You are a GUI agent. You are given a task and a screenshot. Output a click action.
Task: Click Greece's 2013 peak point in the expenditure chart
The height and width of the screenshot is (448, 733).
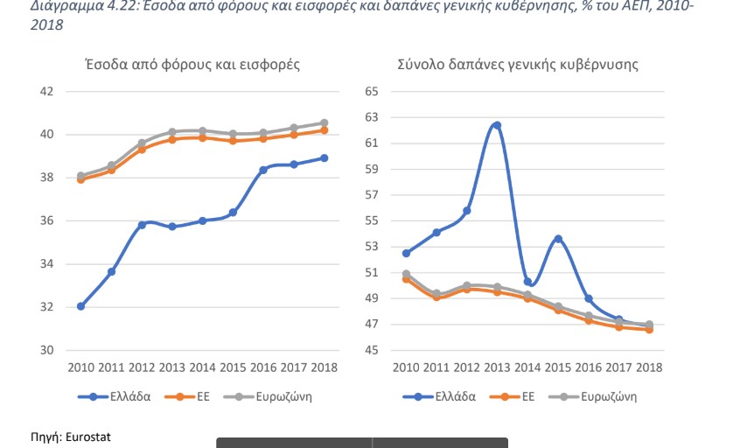point(497,125)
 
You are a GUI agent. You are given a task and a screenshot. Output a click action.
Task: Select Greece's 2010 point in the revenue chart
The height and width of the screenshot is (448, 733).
point(80,306)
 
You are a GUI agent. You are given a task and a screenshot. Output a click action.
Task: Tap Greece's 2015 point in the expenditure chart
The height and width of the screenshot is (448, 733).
point(558,239)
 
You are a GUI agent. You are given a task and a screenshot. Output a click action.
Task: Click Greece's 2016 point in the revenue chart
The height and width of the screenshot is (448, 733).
point(262,170)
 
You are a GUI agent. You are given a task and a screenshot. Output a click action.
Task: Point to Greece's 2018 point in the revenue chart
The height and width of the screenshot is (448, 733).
point(324,158)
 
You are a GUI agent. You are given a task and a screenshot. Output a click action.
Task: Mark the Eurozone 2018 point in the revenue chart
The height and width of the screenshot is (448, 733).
point(324,123)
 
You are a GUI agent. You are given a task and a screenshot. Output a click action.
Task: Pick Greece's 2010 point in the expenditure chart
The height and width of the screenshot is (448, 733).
point(406,253)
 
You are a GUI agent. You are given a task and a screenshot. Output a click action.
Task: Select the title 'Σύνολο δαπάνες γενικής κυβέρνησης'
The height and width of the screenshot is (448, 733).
point(517,64)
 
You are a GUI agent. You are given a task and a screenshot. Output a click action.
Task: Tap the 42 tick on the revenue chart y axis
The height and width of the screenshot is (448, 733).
point(47,91)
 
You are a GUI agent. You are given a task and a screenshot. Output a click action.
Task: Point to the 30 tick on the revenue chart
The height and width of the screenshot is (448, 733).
point(47,350)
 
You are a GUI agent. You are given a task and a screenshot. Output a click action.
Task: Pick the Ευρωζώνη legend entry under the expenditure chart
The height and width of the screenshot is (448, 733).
point(605,395)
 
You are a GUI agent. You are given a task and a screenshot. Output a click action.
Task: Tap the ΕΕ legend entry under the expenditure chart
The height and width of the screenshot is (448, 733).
point(529,395)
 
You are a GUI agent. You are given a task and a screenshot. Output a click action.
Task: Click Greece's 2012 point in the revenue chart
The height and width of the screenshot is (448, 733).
point(142,225)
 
